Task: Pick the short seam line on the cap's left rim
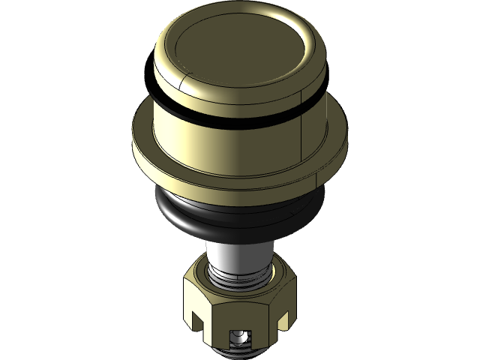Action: pos(182,78)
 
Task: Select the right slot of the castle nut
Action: pos(283,321)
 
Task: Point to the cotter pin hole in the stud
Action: pos(239,336)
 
